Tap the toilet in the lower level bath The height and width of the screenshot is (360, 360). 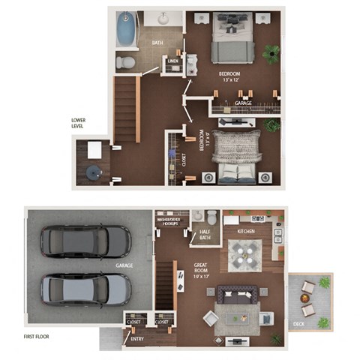(127, 61)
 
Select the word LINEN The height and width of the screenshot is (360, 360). (173, 61)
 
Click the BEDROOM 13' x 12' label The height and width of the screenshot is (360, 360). (229, 76)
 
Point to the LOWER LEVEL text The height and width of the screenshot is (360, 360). (78, 123)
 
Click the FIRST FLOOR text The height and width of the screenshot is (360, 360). (36, 337)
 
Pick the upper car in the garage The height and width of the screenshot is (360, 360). (85, 241)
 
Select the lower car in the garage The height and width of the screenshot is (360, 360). (85, 288)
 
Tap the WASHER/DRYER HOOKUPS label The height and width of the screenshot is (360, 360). (170, 222)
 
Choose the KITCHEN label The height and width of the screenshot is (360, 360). (246, 232)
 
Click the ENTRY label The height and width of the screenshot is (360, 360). (137, 339)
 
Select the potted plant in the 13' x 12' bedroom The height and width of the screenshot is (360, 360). (271, 52)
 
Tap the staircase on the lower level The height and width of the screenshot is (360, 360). (127, 109)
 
